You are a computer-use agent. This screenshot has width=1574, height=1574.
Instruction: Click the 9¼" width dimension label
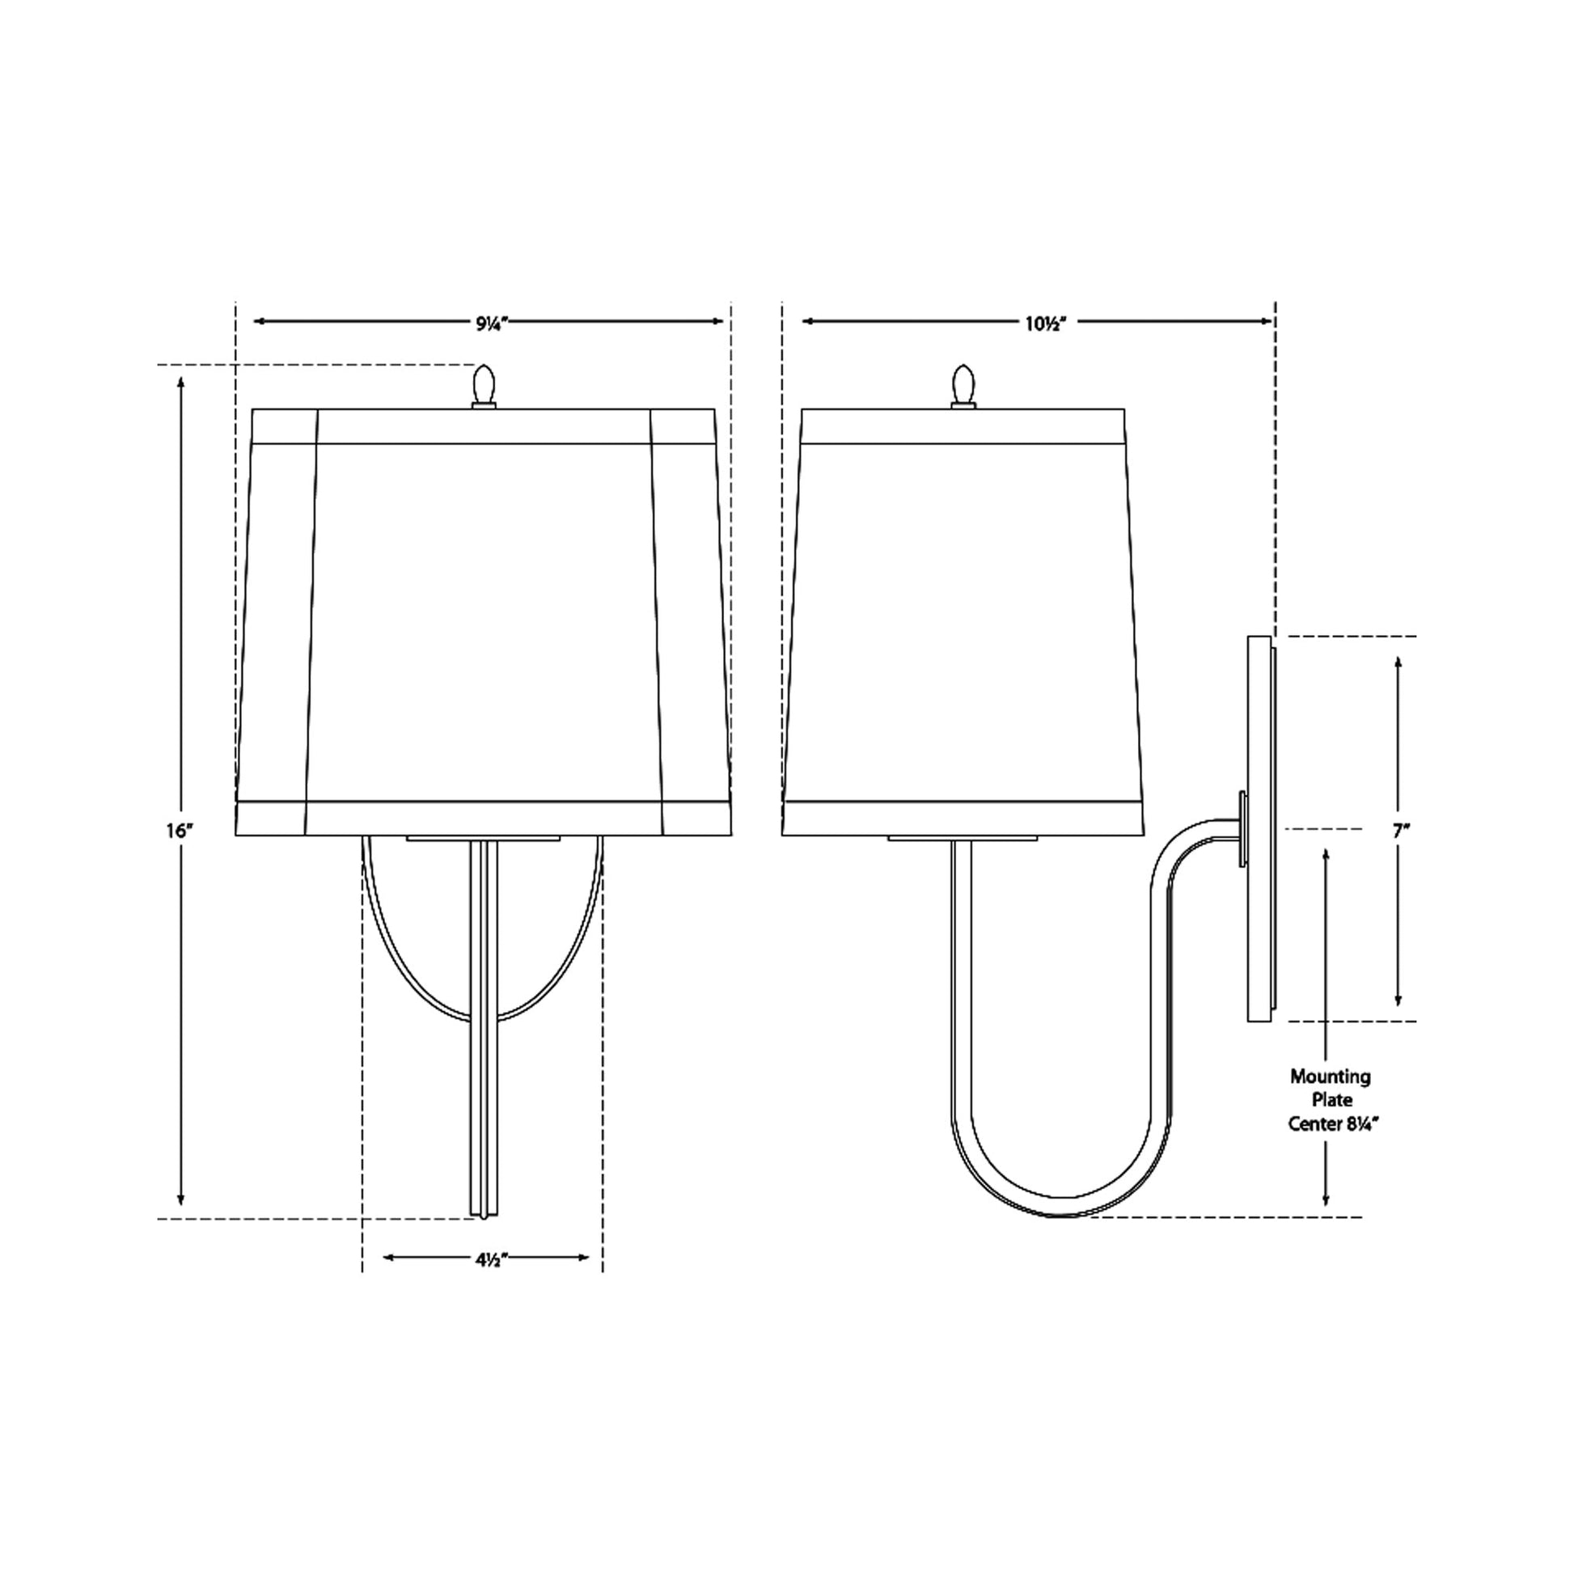click(491, 323)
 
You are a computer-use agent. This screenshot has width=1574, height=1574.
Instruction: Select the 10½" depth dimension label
click(1045, 323)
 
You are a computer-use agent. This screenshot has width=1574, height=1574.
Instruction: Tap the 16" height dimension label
click(180, 831)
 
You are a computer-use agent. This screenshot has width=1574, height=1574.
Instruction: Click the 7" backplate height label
click(1400, 831)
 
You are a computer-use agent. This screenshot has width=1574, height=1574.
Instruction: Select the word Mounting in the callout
click(1330, 1077)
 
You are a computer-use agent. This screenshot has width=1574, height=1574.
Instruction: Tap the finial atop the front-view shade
click(484, 384)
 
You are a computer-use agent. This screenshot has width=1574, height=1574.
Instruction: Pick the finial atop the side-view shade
click(963, 384)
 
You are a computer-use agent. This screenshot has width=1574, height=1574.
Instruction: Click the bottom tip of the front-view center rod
click(484, 1214)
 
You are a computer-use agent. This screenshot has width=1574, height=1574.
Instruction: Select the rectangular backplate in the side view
click(1259, 828)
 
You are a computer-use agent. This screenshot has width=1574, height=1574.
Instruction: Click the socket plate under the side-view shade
click(963, 838)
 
